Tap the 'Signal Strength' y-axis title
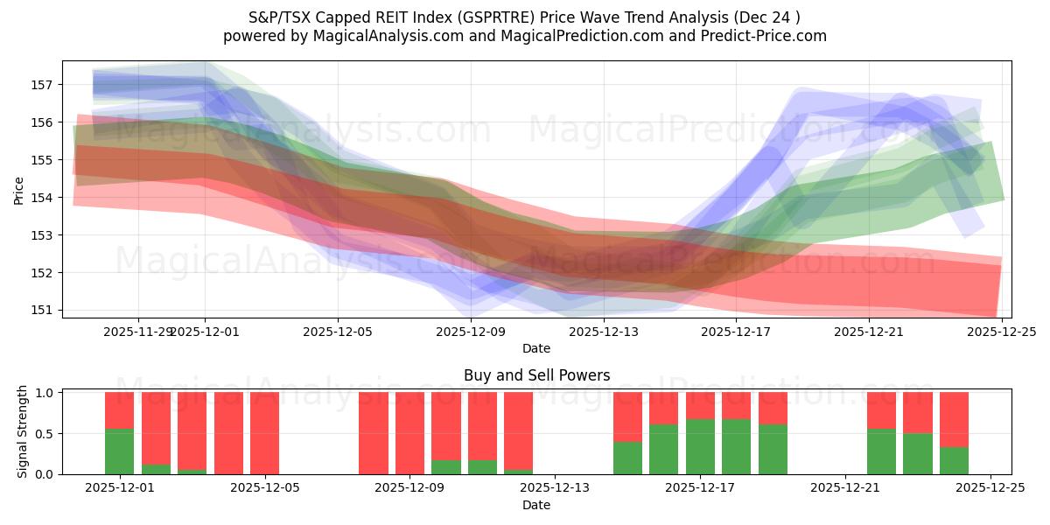[x=24, y=431]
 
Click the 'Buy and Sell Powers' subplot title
[x=536, y=375]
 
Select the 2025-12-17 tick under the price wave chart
[x=736, y=332]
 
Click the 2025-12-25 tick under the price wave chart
[x=1001, y=332]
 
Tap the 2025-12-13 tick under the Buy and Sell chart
[x=555, y=488]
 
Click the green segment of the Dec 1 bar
[x=119, y=451]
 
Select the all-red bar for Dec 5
[x=264, y=433]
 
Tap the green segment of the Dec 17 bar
[x=700, y=446]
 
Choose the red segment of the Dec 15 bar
[x=627, y=416]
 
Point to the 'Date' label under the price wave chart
[x=536, y=348]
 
